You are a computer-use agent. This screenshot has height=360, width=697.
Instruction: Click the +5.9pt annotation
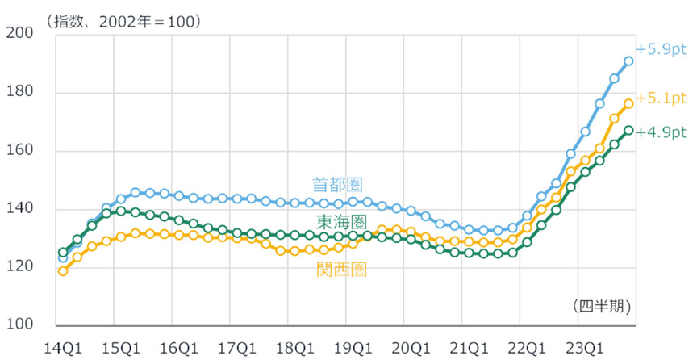click(x=661, y=49)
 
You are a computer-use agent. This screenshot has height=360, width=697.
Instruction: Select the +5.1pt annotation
click(x=661, y=98)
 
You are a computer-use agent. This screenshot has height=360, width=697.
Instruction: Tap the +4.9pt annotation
click(x=661, y=132)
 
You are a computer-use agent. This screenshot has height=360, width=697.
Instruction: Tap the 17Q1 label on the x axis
click(x=236, y=347)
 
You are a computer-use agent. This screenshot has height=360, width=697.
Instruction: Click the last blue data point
click(x=628, y=61)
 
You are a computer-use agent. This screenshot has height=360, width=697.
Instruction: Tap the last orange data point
click(x=628, y=103)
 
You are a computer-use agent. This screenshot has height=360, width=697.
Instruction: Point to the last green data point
click(x=628, y=130)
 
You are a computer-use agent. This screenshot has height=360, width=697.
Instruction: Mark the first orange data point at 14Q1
click(x=63, y=271)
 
